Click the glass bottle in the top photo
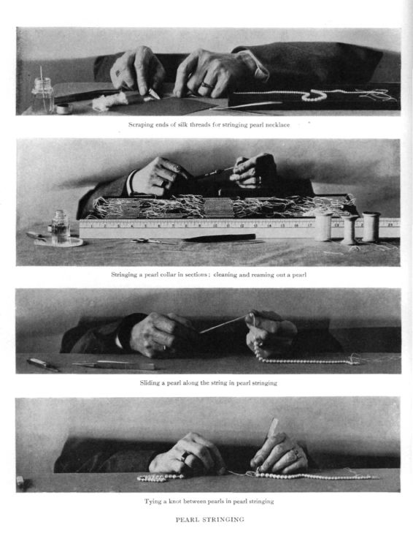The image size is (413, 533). click(x=42, y=95)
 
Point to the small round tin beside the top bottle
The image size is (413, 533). click(x=64, y=109)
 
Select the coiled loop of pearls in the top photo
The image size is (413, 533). click(x=314, y=95)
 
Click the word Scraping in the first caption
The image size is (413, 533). click(x=141, y=125)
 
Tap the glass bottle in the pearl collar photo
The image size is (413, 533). click(x=61, y=227)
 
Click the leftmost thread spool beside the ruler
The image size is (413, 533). click(x=323, y=226)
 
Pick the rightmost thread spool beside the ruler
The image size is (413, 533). click(x=371, y=227)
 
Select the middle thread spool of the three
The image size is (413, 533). click(x=348, y=230)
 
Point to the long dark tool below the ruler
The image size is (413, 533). click(x=219, y=238)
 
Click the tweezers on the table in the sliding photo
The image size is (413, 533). click(x=114, y=366)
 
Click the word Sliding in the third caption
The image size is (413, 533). click(x=150, y=383)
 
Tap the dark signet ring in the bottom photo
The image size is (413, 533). click(x=185, y=455)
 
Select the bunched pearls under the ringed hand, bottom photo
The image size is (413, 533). click(x=161, y=477)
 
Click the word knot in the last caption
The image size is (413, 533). click(x=175, y=501)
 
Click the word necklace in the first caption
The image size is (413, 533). click(x=277, y=125)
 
